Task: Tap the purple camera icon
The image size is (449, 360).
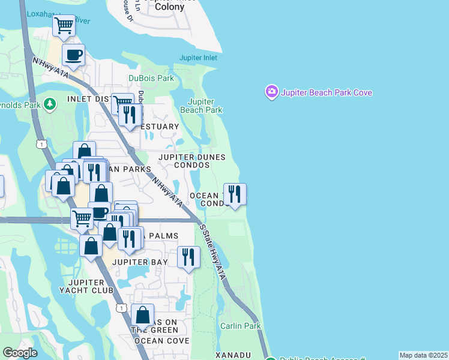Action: pos(271,92)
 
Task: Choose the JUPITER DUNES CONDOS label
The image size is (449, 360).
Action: pos(192,161)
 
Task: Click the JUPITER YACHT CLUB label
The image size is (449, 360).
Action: pos(91,286)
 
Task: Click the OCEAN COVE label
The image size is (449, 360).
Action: pos(157,340)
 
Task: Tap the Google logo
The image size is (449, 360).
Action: pos(20,353)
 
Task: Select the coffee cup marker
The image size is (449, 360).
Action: pos(73,55)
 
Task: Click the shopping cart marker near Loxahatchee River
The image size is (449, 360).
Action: pos(64,26)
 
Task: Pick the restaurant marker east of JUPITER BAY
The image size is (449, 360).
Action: pos(189,257)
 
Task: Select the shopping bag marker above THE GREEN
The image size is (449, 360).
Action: pos(143,314)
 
